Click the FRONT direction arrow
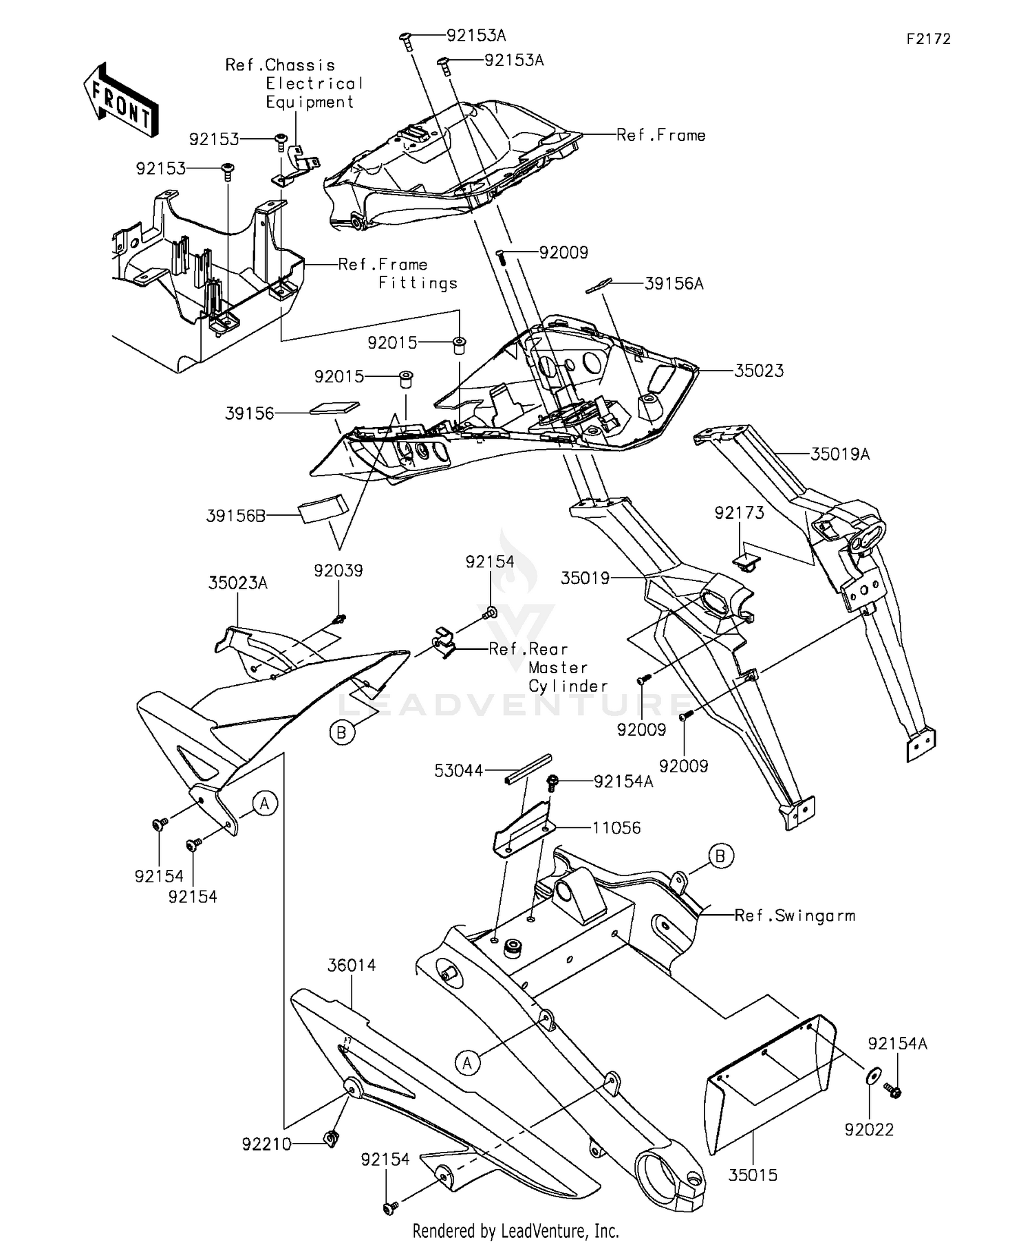pos(121,100)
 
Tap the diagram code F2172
pos(928,39)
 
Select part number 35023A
pos(238,583)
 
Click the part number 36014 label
pos(352,965)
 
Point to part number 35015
pos(753,1175)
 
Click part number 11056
pos(616,828)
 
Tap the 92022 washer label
pos(870,1130)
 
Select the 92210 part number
pos(267,1144)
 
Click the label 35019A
pos(840,454)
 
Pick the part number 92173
pos(739,513)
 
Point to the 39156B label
pos(236,516)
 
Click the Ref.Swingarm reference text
pos(795,916)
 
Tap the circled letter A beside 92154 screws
pos(265,803)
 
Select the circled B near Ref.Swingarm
pos(720,856)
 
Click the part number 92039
pos(338,571)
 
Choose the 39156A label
pos(674,283)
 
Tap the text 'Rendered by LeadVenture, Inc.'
pos(516,1230)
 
